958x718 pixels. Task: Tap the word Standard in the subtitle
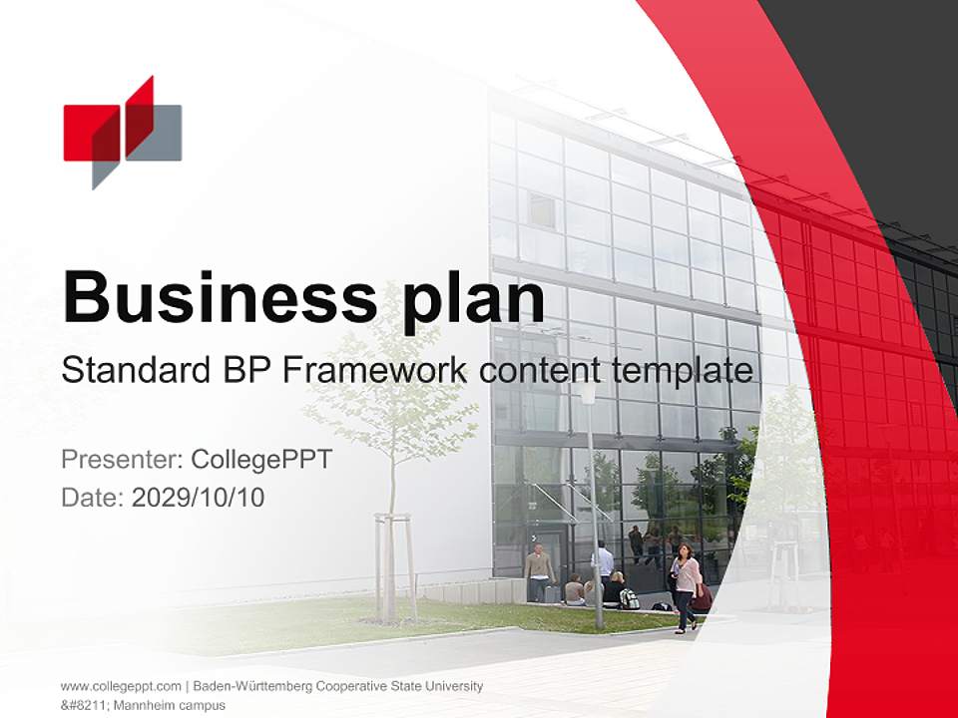132,371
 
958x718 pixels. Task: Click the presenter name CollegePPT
260,460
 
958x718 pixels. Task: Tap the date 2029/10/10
199,497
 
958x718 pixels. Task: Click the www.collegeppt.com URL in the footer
121,686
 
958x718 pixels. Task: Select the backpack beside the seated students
629,598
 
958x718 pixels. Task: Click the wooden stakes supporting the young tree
395,563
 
